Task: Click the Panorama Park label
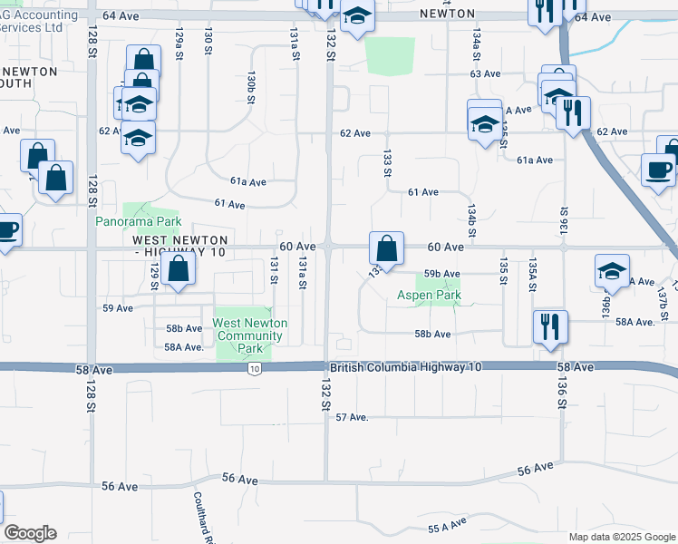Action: [x=140, y=221]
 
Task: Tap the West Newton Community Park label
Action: [x=249, y=335]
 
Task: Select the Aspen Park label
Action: [x=429, y=295]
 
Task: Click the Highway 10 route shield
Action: [x=256, y=368]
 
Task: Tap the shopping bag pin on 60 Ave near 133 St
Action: [x=386, y=250]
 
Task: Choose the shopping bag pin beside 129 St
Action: [x=179, y=270]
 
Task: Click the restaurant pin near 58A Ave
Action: [x=550, y=327]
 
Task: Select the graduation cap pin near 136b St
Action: [x=612, y=272]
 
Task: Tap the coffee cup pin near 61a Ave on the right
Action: [x=659, y=170]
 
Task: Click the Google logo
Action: [x=30, y=533]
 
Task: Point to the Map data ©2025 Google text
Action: [x=622, y=537]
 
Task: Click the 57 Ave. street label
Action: [x=353, y=417]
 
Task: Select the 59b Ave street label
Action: [x=443, y=274]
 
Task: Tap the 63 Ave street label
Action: [x=485, y=73]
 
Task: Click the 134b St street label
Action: [x=472, y=219]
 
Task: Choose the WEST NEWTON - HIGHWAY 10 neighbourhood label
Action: [x=179, y=247]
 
